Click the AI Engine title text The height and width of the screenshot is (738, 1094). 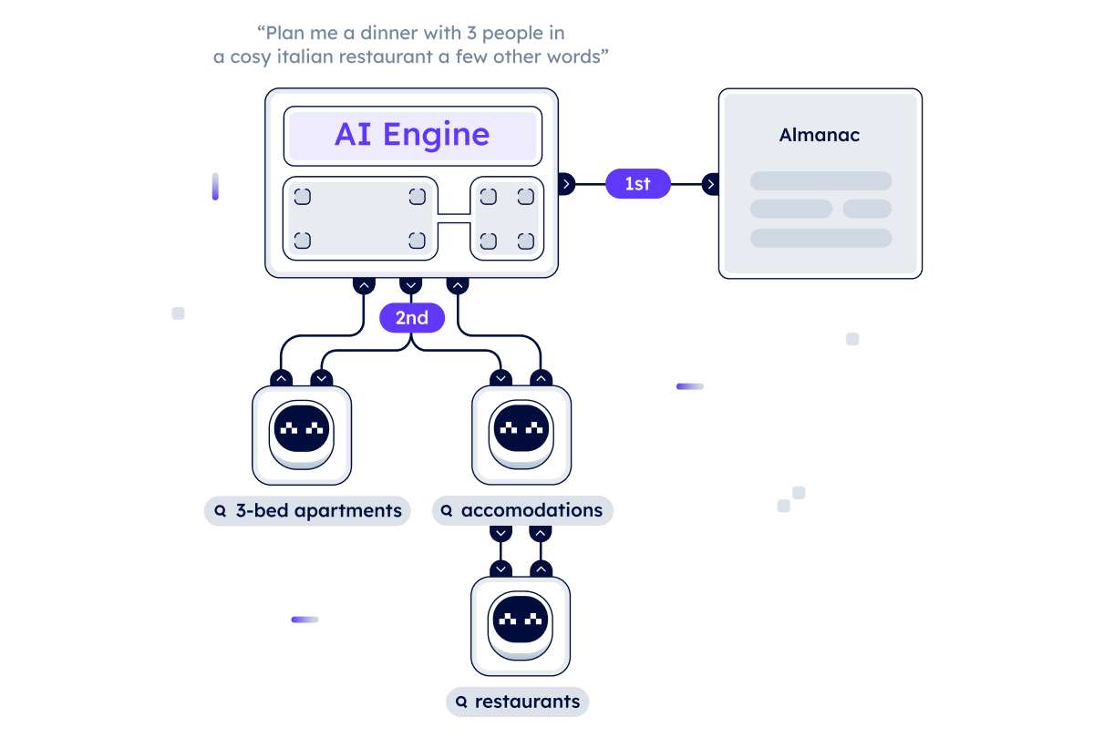point(412,135)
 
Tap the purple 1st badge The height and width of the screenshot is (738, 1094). point(637,184)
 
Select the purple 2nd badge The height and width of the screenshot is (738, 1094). point(412,318)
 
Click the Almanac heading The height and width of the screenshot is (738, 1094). point(820,136)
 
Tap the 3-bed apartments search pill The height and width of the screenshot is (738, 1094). point(307,511)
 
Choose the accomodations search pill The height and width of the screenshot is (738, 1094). point(522,511)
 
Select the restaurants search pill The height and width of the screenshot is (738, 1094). point(518,702)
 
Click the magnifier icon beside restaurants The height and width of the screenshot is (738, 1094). point(461,702)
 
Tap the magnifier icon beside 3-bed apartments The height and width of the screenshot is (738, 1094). point(220,511)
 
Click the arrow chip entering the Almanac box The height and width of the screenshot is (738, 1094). point(710,185)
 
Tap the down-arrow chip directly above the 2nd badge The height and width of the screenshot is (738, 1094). point(411,285)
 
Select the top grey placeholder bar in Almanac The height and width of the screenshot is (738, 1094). point(820,181)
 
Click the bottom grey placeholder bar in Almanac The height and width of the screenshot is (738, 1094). point(820,238)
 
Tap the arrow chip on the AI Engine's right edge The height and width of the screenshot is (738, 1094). point(566,185)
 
